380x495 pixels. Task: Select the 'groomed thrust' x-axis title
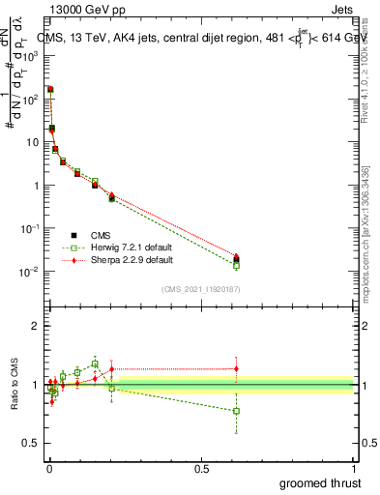[x=321, y=482]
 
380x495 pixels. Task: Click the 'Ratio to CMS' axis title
[x=15, y=384]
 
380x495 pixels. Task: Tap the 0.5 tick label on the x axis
[x=201, y=469]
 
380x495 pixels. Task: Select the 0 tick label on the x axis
[x=48, y=469]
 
